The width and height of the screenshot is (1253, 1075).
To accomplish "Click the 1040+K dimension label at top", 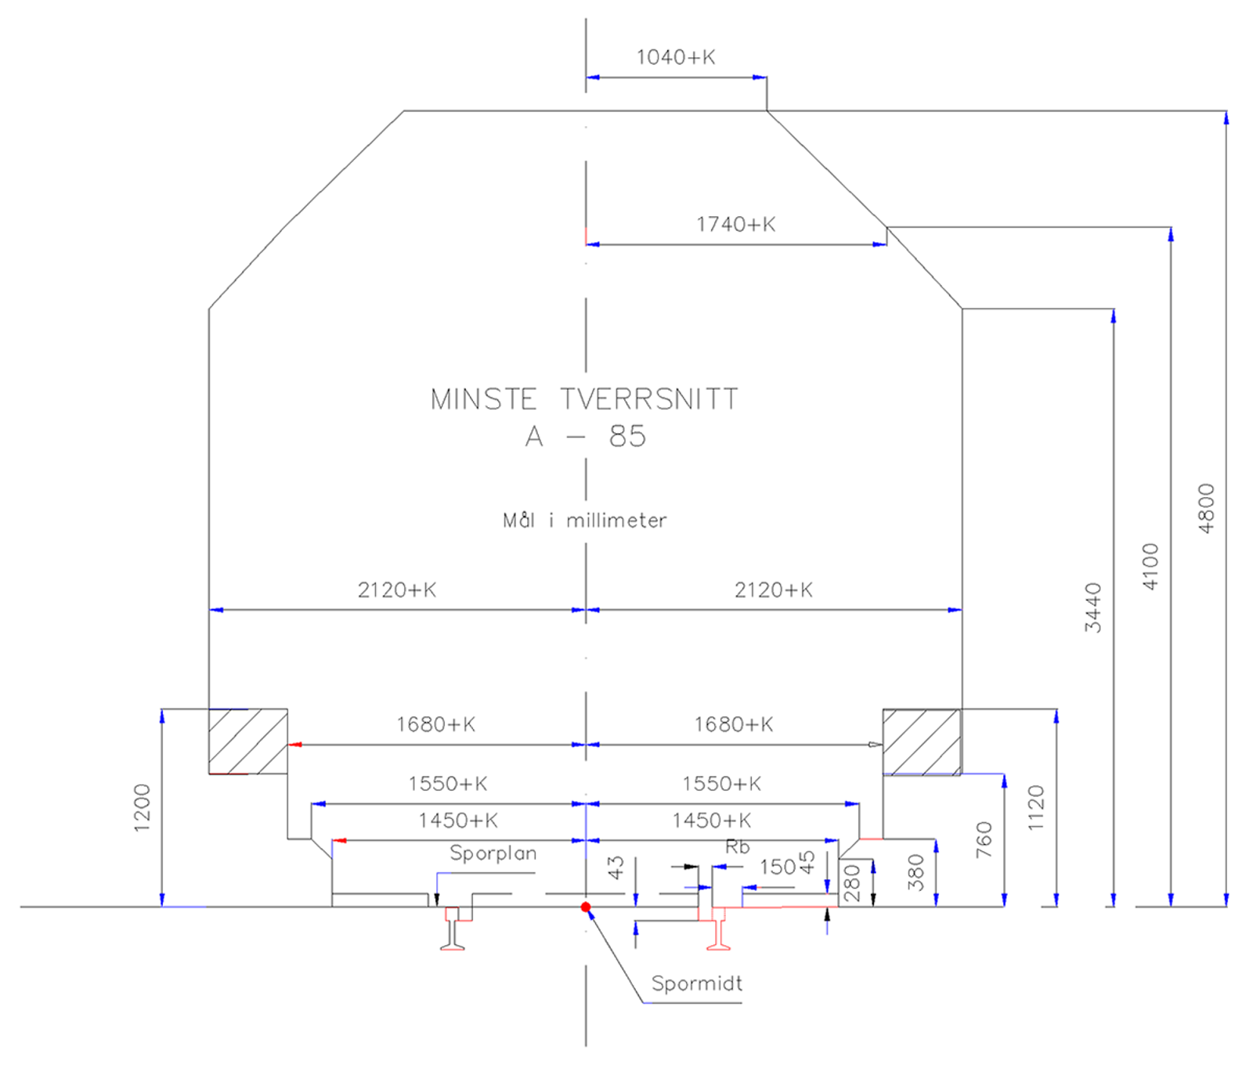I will (675, 57).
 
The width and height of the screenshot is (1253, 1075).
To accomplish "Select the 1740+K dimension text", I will (735, 225).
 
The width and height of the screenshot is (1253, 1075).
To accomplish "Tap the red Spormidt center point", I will (586, 907).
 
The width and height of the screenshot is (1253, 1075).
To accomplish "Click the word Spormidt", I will (696, 983).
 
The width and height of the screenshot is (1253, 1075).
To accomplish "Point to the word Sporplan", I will (493, 853).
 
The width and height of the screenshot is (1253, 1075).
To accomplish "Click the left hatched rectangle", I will (247, 741).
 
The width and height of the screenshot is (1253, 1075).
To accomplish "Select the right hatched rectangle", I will (922, 742).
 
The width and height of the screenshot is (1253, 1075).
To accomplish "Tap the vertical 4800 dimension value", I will (1206, 509).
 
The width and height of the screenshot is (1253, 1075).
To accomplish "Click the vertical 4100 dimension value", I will (1150, 567).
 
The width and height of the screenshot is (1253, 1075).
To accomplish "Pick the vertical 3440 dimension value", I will (1093, 608).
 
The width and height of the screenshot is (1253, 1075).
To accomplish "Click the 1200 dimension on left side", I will (142, 807).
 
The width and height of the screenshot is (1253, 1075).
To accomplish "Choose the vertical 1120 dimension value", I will (1036, 808).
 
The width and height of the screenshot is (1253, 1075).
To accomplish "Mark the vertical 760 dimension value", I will (984, 840).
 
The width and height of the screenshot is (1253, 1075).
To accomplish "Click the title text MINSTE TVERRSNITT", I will (584, 399).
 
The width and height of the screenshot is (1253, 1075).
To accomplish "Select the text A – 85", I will (586, 436).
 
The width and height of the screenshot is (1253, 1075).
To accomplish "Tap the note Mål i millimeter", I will (584, 521).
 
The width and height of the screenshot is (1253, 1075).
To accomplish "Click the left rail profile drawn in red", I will (453, 929).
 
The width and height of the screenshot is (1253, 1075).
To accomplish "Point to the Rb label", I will (737, 847).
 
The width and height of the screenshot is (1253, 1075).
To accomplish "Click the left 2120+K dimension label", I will (396, 590).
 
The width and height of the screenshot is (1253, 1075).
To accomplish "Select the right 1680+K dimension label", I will (733, 725).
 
